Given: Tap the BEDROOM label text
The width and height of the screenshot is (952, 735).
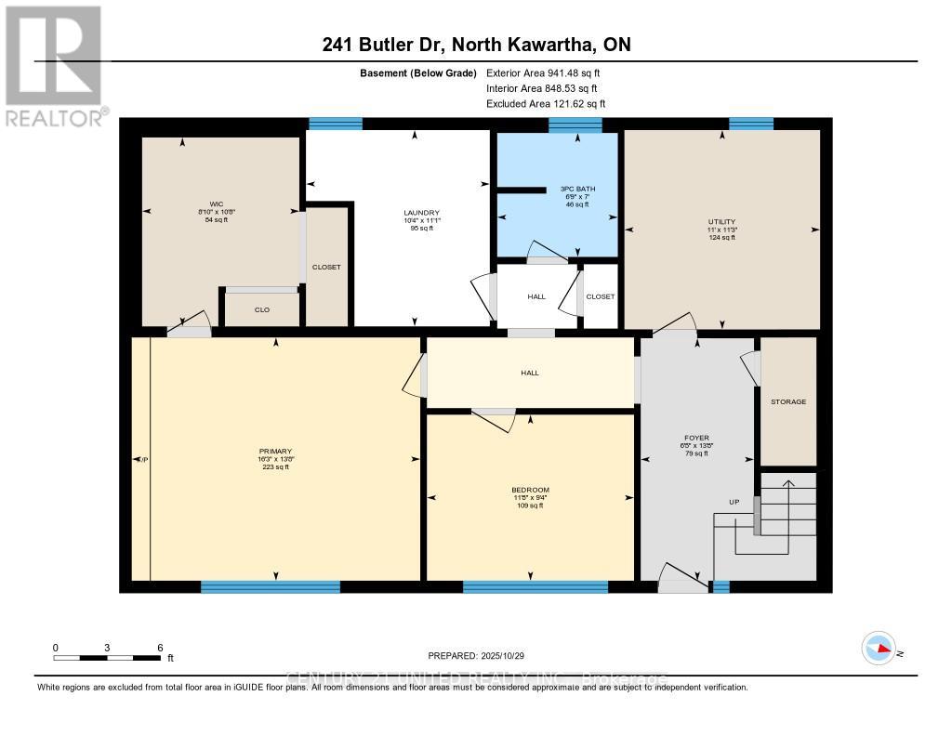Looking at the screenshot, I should click(x=530, y=490).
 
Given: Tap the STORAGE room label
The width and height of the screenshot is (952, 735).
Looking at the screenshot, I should click(x=787, y=401).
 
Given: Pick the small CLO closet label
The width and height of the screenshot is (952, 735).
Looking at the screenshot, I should click(x=262, y=309).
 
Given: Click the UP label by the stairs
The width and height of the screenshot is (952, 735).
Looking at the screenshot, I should click(x=734, y=502).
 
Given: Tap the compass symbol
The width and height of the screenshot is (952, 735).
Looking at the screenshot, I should click(x=878, y=647).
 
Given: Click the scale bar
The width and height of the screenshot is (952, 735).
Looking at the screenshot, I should click(x=108, y=658).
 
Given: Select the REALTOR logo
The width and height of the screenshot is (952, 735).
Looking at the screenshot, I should click(x=55, y=65).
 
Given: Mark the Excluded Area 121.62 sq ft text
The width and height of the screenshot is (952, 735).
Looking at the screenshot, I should click(x=546, y=104).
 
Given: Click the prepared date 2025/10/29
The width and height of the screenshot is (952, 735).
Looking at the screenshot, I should click(x=475, y=656).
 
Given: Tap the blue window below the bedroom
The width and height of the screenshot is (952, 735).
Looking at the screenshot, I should click(x=535, y=586).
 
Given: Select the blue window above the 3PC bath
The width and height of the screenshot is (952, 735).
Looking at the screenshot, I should click(x=575, y=125).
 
